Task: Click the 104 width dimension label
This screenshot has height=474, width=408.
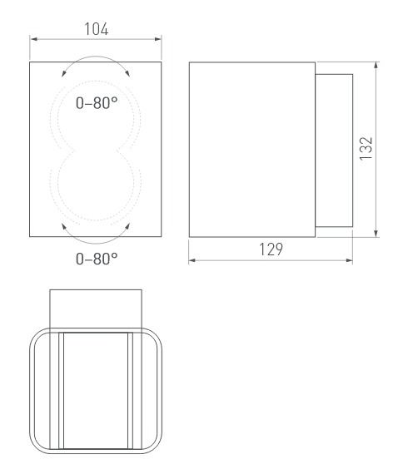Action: [x=96, y=29]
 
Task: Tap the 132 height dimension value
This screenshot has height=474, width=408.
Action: [x=366, y=148]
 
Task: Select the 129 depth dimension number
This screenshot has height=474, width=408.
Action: [x=271, y=249]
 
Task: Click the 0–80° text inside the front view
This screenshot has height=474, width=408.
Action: [x=97, y=103]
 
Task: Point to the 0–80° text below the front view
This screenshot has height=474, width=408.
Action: [x=97, y=259]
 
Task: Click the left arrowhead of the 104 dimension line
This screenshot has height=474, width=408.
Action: [x=33, y=39]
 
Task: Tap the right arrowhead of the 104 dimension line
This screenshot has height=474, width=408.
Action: [x=157, y=39]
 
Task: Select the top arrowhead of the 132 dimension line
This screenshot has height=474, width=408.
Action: [x=376, y=66]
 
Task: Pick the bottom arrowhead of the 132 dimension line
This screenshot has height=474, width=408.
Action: [x=376, y=234]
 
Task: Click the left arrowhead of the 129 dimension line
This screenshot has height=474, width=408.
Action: [x=192, y=260]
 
